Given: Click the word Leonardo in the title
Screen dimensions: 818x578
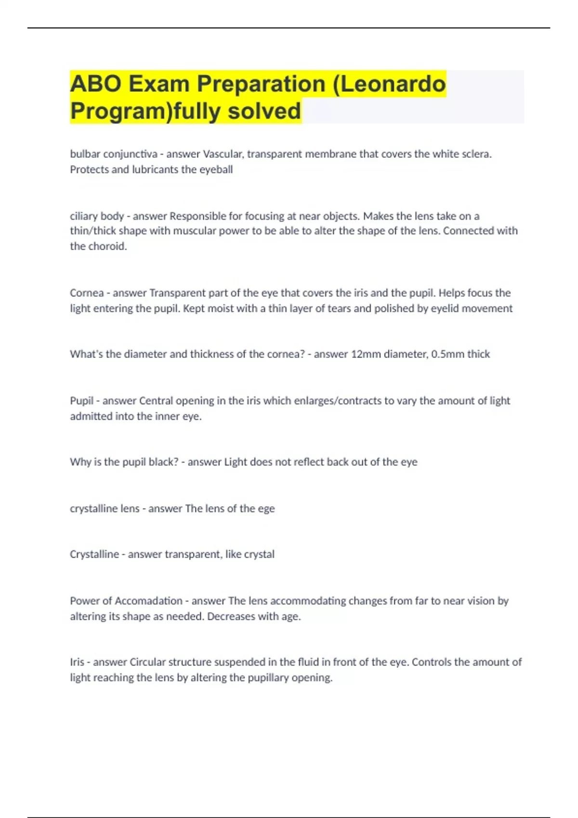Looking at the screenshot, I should click(397, 84).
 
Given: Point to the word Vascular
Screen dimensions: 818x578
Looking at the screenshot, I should click(223, 154).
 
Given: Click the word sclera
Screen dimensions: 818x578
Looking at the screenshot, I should click(476, 154).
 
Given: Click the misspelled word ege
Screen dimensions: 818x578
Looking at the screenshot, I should click(266, 509).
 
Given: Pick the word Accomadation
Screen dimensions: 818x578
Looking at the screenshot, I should click(148, 601).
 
